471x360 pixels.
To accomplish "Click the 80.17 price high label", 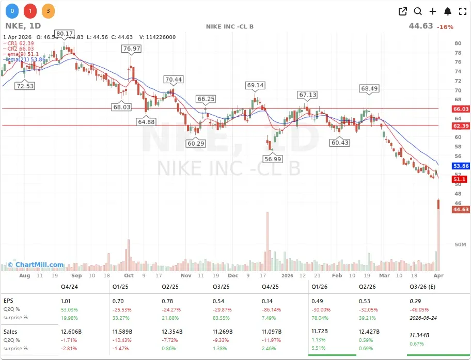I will pyautogui.click(x=65, y=34).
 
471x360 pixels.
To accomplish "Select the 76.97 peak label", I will pyautogui.click(x=131, y=49).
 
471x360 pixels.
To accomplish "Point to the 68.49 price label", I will pyautogui.click(x=369, y=89).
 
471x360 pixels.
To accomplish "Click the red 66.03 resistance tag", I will pyautogui.click(x=460, y=109).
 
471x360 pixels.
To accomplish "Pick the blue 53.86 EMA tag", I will pyautogui.click(x=460, y=166).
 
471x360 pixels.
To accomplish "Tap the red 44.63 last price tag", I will pyautogui.click(x=460, y=209).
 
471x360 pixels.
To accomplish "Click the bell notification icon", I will pyautogui.click(x=448, y=11).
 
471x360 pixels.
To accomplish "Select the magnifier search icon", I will pyautogui.click(x=418, y=11).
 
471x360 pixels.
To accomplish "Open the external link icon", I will pyautogui.click(x=403, y=11).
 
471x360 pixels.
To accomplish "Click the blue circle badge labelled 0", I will pyautogui.click(x=12, y=10).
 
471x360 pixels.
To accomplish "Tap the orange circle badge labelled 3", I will pyautogui.click(x=48, y=10).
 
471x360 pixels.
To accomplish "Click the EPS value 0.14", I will pyautogui.click(x=267, y=301).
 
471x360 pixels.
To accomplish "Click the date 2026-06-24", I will pyautogui.click(x=423, y=318).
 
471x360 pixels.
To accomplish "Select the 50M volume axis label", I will pyautogui.click(x=460, y=244).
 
